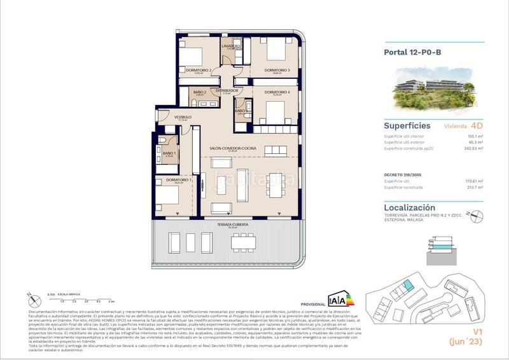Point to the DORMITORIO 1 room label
coord(179,180)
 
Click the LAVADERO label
coord(230,46)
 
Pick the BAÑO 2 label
coord(200,92)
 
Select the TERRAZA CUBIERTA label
coord(231,225)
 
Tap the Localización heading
coord(410,207)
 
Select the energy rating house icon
coord(337,299)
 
